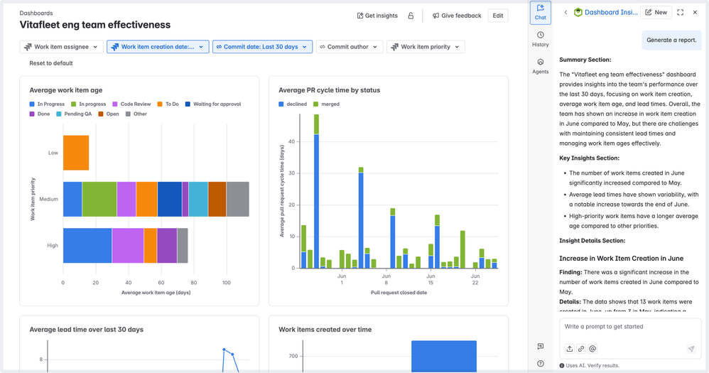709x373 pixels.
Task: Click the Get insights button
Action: [377, 16]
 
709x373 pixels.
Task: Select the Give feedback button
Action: [457, 16]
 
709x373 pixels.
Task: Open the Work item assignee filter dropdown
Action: [61, 47]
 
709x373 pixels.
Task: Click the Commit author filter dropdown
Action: [348, 47]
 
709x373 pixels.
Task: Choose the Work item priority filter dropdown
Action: [425, 47]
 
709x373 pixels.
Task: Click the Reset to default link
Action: [51, 63]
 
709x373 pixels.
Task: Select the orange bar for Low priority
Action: [76, 153]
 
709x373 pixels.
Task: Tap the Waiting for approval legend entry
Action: [212, 104]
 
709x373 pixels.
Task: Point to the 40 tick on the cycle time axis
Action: [291, 141]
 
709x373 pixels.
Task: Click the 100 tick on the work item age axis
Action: [227, 283]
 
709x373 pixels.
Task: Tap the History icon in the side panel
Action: [541, 39]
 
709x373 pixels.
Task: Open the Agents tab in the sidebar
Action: [541, 66]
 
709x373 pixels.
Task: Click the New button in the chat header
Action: [656, 12]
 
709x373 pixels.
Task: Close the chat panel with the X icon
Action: [696, 12]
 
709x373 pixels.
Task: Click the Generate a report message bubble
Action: [671, 40]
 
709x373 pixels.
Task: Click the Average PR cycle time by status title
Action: [329, 90]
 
